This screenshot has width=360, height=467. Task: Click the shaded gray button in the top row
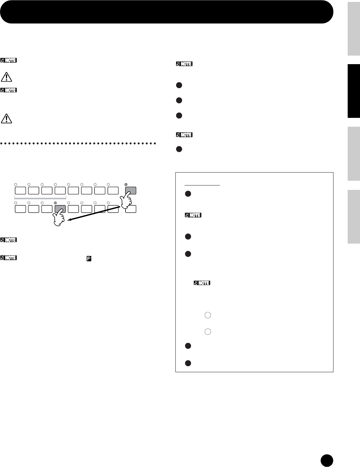(x=131, y=190)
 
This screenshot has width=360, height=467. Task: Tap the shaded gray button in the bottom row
(x=60, y=209)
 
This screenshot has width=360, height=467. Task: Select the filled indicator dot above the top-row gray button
(x=126, y=184)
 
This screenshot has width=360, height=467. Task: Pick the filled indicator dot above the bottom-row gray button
(x=55, y=203)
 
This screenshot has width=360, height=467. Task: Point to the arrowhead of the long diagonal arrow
(x=69, y=221)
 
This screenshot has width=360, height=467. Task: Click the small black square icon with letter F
(x=89, y=258)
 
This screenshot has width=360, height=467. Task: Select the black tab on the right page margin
(x=354, y=91)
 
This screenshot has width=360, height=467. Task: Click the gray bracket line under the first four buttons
(x=40, y=198)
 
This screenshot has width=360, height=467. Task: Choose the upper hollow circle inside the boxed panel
(x=207, y=315)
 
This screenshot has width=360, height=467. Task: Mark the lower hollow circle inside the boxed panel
(x=207, y=331)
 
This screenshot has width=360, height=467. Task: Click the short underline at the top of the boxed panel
(x=202, y=185)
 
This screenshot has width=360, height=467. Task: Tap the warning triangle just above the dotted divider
(x=6, y=118)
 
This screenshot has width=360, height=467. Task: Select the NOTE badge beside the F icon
(x=9, y=258)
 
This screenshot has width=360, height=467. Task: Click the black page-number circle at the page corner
(x=326, y=460)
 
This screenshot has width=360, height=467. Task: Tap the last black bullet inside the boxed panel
(x=187, y=363)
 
